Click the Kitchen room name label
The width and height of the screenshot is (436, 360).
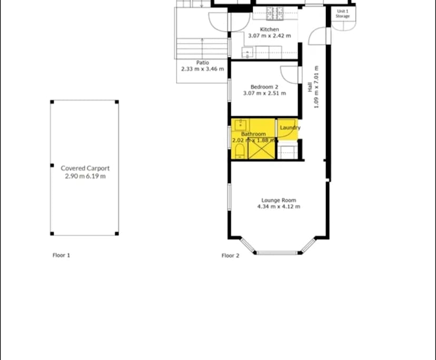tap(270, 29)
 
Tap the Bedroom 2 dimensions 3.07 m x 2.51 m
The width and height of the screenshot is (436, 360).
tap(264, 94)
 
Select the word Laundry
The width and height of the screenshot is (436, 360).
tap(290, 128)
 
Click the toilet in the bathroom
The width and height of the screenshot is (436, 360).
tap(240, 152)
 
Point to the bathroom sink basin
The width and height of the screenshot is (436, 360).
tap(241, 125)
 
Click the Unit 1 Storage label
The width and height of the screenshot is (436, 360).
tap(343, 14)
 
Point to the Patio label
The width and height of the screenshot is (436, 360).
tap(203, 63)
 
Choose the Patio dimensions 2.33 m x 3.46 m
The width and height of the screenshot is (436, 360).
tap(203, 69)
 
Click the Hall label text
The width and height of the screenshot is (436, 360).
tap(310, 86)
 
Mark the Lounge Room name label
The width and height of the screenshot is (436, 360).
tap(279, 200)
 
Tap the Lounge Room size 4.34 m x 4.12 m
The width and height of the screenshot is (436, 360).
tap(279, 207)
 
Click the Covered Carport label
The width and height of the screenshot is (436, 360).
tap(85, 168)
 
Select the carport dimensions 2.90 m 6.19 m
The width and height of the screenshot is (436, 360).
tap(85, 176)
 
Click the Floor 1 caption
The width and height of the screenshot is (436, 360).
tap(61, 255)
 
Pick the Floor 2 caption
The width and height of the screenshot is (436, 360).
tap(231, 256)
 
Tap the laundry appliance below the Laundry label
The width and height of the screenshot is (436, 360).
tap(288, 152)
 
